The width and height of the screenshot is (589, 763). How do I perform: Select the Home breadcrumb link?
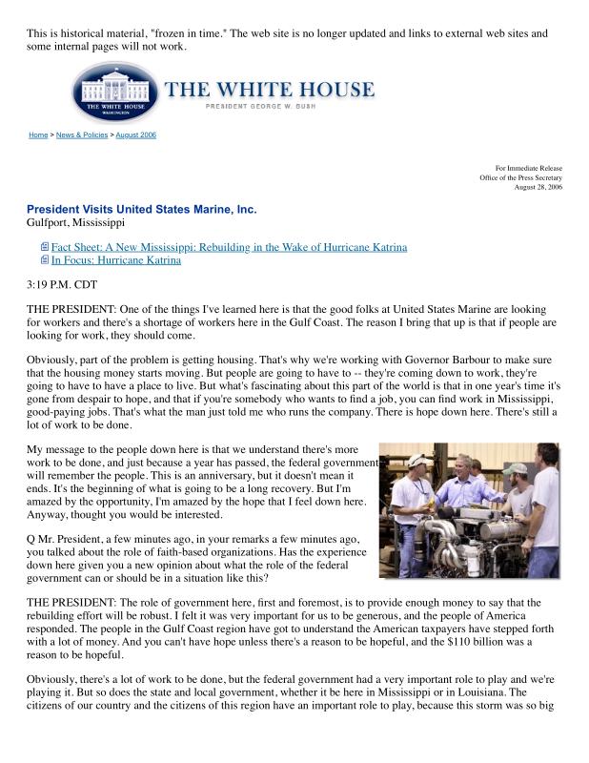38,135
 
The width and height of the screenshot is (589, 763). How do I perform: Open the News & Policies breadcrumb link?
81,135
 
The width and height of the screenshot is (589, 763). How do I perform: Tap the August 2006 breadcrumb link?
136,135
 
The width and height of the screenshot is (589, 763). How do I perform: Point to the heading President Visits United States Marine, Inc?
141,209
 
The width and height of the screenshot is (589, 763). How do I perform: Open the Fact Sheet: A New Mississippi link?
229,247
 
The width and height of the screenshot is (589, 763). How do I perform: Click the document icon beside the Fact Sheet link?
44,247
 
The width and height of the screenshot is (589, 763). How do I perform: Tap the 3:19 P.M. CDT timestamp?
62,284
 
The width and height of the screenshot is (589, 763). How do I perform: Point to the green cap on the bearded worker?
516,469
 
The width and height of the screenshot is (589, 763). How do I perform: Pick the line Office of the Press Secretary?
520,177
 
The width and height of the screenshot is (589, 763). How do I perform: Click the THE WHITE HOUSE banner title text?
270,91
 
